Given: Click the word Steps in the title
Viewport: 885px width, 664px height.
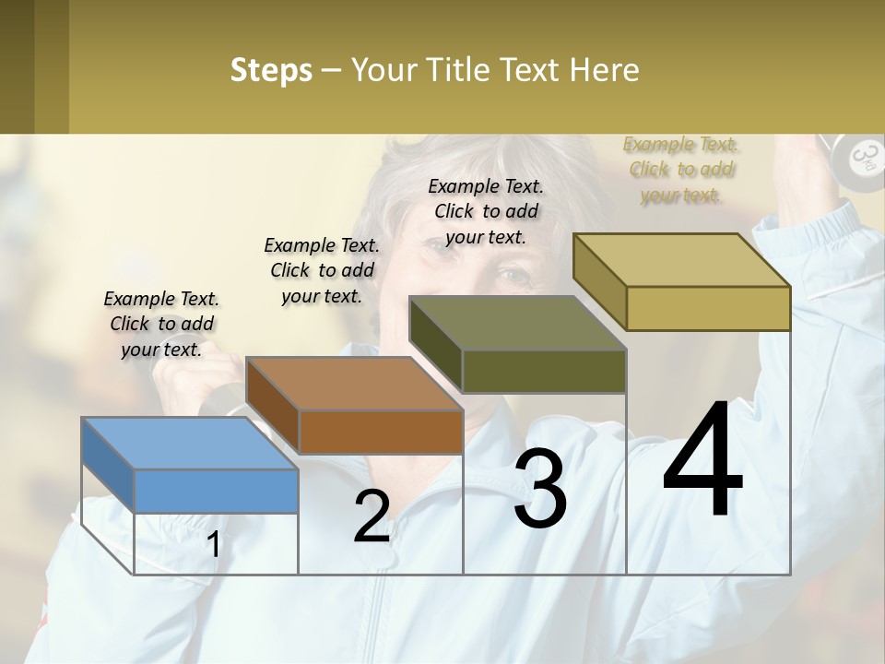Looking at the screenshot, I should pyautogui.click(x=271, y=70).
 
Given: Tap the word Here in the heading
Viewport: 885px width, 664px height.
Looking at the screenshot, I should pyautogui.click(x=604, y=70).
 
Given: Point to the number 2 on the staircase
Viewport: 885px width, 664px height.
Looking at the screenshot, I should pyautogui.click(x=372, y=516).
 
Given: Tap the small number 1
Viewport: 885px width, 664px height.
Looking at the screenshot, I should pyautogui.click(x=213, y=545).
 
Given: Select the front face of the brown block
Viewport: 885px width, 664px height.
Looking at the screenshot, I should pyautogui.click(x=381, y=432).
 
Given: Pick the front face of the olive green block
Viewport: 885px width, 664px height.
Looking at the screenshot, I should pyautogui.click(x=544, y=371).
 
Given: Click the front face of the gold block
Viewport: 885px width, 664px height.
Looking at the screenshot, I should pyautogui.click(x=708, y=308).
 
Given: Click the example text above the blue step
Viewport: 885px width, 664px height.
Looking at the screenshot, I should pyautogui.click(x=161, y=324).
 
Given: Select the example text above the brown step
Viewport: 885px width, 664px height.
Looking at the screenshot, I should pyautogui.click(x=322, y=270).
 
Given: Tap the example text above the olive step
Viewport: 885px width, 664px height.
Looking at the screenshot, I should pyautogui.click(x=486, y=211).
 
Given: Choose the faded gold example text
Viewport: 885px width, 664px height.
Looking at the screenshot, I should pyautogui.click(x=681, y=170).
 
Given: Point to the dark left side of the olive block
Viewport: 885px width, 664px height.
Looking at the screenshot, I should pyautogui.click(x=435, y=343).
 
